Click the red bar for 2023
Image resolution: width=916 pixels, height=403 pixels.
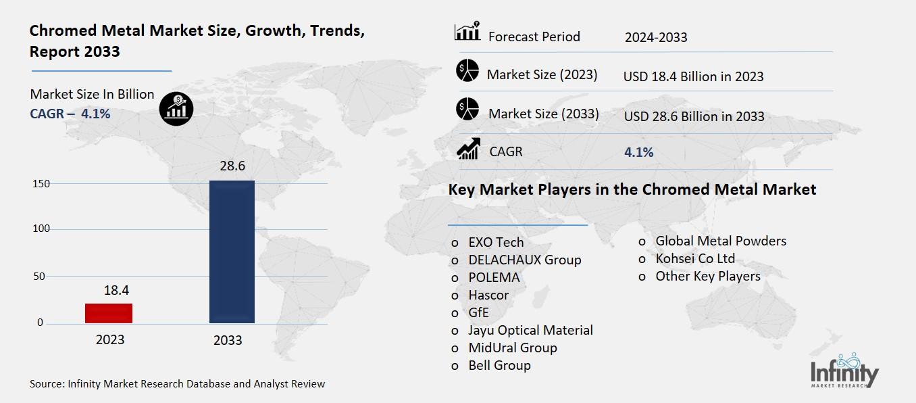pos(109,313)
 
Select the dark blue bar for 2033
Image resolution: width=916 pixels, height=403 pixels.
pos(232,252)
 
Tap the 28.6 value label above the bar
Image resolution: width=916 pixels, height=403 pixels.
pos(232,166)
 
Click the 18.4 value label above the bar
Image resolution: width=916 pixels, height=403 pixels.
pos(116,291)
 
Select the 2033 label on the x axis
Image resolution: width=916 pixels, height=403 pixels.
pos(228,340)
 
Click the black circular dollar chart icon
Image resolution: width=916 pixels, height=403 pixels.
pos(176,108)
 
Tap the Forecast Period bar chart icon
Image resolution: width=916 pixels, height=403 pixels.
pos(467,32)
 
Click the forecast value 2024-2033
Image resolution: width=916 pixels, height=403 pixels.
pos(655,37)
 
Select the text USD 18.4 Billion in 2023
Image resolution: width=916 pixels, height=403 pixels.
pos(693,76)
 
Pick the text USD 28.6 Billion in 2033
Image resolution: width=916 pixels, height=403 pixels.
pos(694,116)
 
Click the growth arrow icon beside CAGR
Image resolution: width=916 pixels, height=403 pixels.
pos(468,149)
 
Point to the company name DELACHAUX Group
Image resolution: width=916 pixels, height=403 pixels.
pos(525,260)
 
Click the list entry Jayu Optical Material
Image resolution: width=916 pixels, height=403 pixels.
pos(530,330)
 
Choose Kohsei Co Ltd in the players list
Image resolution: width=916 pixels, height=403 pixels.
pos(695,258)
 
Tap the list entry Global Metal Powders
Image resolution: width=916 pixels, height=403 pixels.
pos(721,241)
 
